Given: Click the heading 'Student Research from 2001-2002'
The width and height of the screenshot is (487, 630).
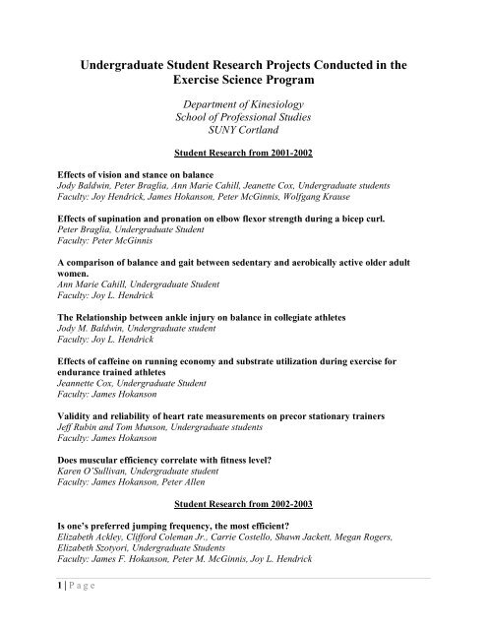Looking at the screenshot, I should click(243, 154).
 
